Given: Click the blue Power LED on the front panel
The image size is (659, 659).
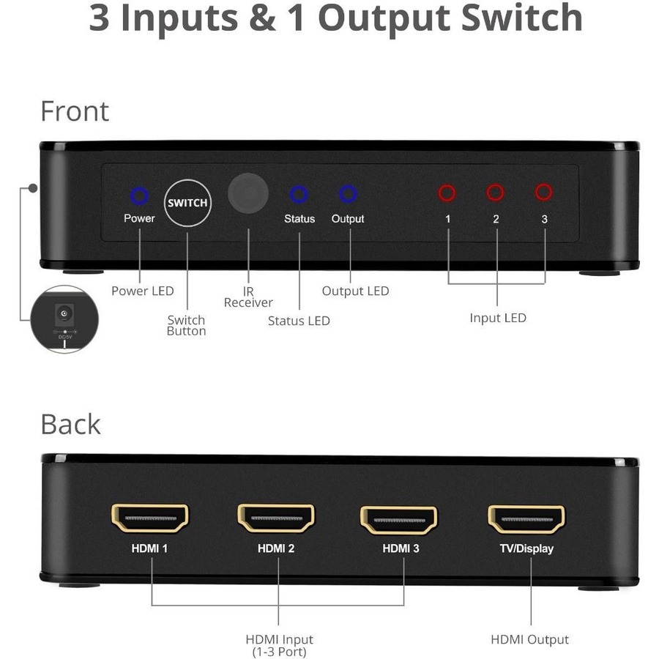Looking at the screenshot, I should click(x=139, y=196).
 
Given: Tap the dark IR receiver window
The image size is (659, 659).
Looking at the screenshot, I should click(x=248, y=193).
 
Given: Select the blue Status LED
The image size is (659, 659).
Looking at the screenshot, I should click(x=299, y=194).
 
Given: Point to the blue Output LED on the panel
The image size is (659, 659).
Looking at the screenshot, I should click(x=348, y=193).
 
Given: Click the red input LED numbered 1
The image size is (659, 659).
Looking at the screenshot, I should click(x=447, y=193).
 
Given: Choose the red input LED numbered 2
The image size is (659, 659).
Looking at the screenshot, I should click(x=496, y=193).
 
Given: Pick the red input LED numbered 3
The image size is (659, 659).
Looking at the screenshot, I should click(x=543, y=192).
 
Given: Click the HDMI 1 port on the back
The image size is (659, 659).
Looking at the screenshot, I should click(x=149, y=518).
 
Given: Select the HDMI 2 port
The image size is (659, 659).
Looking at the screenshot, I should click(x=276, y=518).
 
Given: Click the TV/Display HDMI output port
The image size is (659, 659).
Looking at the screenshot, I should click(x=526, y=519).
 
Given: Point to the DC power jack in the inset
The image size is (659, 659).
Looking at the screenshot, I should click(x=64, y=314).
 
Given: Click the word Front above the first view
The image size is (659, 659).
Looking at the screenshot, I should click(x=75, y=111).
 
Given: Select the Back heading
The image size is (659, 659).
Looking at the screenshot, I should click(x=70, y=425).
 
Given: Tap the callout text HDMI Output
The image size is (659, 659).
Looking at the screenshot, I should click(x=529, y=639).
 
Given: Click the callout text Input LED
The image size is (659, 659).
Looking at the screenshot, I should click(x=497, y=318).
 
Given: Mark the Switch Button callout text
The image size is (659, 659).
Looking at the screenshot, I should click(x=186, y=325).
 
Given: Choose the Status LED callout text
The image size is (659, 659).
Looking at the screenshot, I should click(x=299, y=321).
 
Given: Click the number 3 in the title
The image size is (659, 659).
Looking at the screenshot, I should click(x=99, y=18).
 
